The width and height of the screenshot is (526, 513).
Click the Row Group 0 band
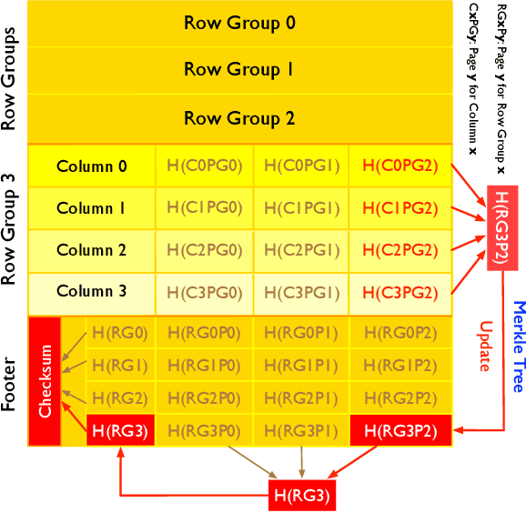coord(239,24)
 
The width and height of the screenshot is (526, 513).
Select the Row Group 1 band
coord(239,70)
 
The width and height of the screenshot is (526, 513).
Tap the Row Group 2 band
coord(239,118)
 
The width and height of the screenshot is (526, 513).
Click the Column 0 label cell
coord(92,166)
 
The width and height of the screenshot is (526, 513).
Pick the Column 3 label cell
coord(92,292)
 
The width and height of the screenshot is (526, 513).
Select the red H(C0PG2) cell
coord(400,166)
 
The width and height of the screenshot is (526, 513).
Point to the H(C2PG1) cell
coord(301,250)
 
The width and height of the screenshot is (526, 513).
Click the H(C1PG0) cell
coord(204,208)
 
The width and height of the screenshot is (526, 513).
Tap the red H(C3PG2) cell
coord(400,292)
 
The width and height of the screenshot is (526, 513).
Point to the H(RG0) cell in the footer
coord(120,334)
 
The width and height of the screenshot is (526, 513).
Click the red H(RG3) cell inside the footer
coord(120,430)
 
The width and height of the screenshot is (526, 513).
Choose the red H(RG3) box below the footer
coord(301,497)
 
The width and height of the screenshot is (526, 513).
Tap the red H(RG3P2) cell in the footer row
coord(400,430)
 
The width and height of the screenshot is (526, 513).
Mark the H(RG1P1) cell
coord(301,366)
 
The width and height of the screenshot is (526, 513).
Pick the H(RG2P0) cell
coord(204,397)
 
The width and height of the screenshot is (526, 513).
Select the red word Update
coord(483,346)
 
